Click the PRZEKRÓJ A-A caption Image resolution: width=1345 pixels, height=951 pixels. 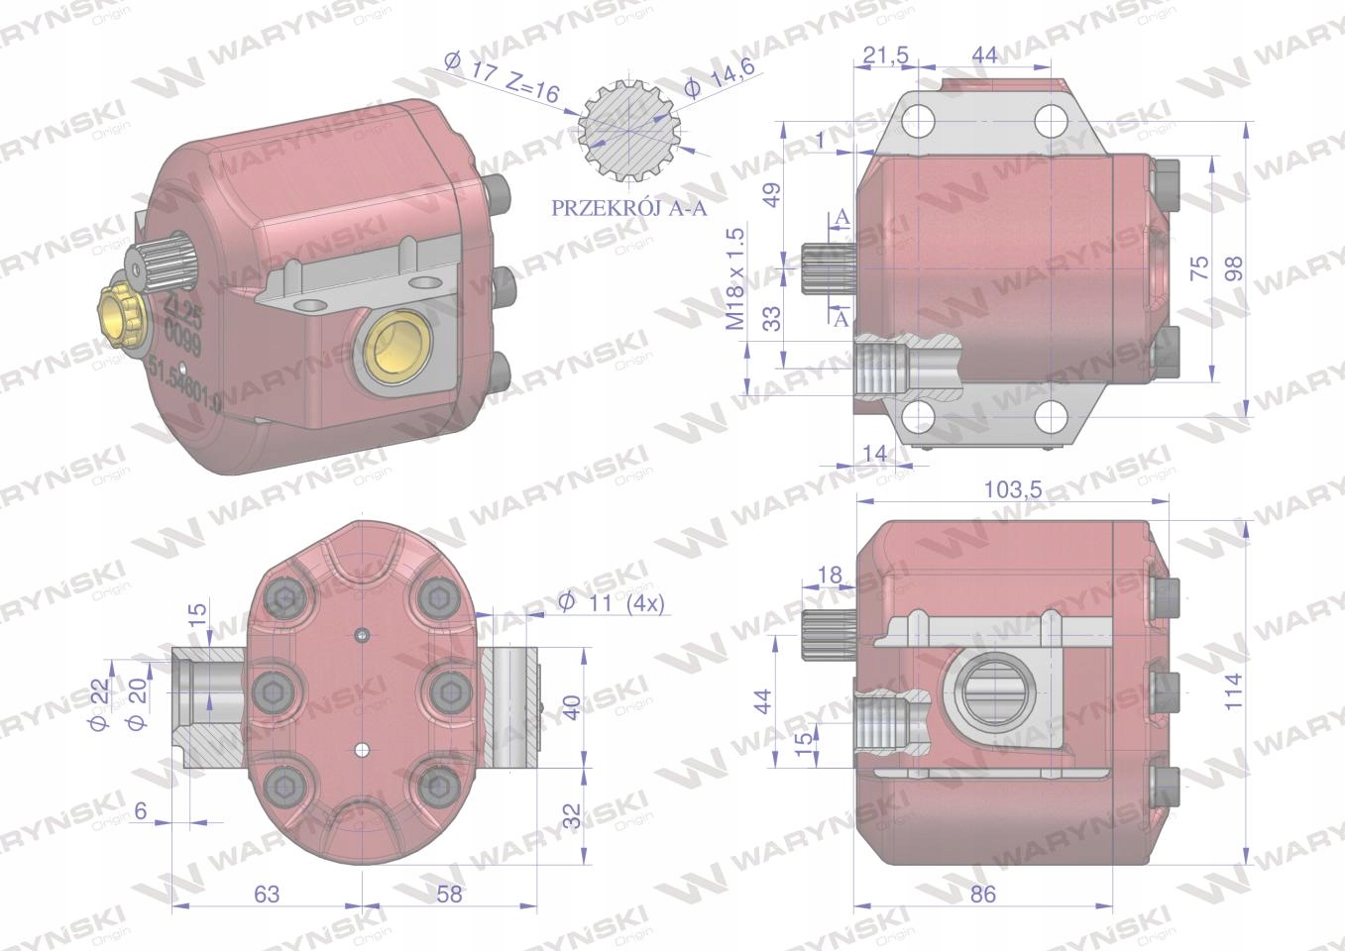pyautogui.click(x=628, y=208)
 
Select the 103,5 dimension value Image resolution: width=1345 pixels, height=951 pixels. pyautogui.click(x=1012, y=489)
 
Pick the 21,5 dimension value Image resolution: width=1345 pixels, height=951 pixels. pyautogui.click(x=886, y=55)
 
